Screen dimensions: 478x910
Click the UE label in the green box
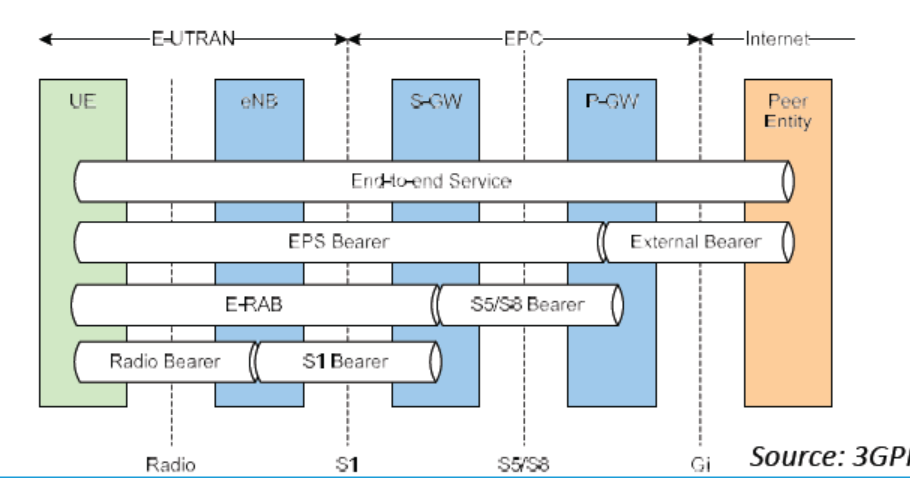pos(83,102)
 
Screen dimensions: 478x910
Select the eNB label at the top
pos(258,102)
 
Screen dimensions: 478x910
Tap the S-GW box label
pos(436,102)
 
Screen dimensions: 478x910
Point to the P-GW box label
pos(611,102)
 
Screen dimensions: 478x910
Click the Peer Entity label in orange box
pos(788,111)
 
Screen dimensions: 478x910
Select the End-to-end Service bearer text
pos(431,181)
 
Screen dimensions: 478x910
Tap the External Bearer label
pos(695,242)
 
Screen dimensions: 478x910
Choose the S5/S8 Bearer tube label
pos(527,304)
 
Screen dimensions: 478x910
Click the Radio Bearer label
pos(164,361)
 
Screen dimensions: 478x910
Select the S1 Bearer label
pos(345,361)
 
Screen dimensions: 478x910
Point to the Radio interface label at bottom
pos(171,464)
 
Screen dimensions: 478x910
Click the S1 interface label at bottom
pos(347,464)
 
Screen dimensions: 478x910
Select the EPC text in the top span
pos(523,39)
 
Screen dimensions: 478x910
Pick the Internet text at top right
pos(776,39)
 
